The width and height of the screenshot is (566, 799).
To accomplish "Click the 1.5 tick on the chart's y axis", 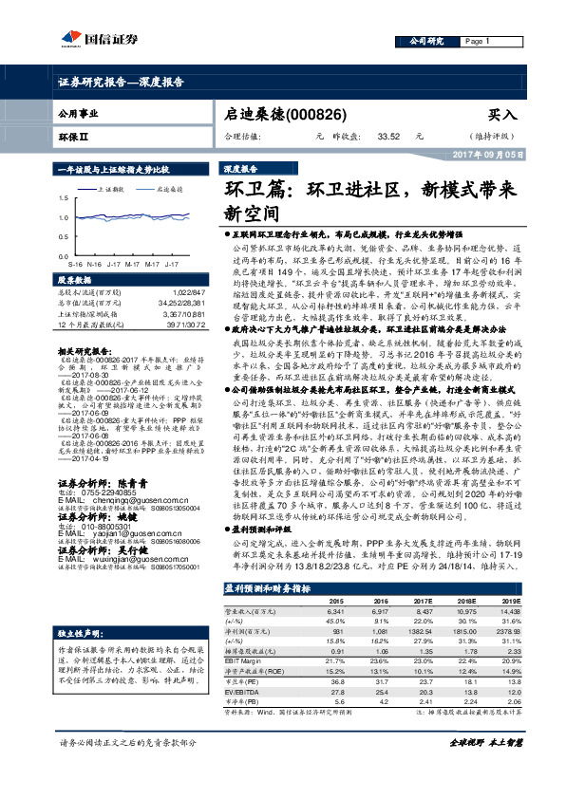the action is pos(64,197).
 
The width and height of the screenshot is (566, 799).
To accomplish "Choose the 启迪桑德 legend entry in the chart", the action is pos(168,188).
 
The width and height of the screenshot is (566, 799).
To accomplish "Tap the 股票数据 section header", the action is pos(76,281).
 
